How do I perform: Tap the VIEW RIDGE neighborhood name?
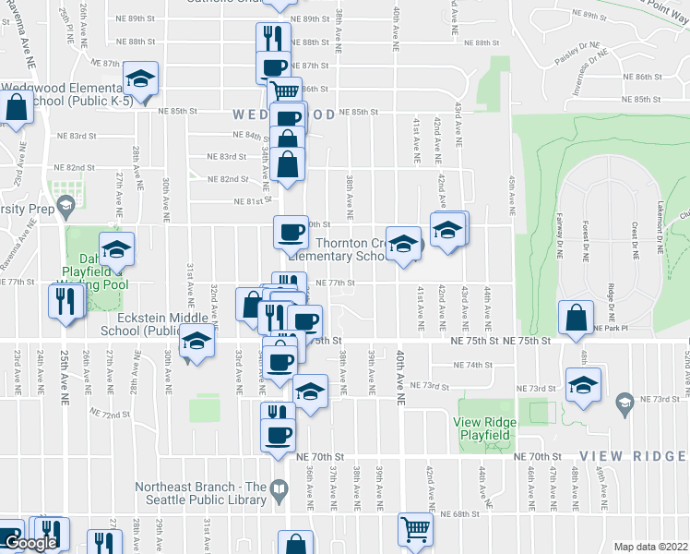[633, 456]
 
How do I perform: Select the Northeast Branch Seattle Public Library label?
[200, 493]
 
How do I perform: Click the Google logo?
[30, 543]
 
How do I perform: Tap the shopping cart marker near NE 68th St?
[416, 529]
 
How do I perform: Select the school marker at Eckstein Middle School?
[196, 343]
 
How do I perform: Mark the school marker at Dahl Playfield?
[116, 248]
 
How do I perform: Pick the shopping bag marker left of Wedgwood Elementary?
[17, 107]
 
